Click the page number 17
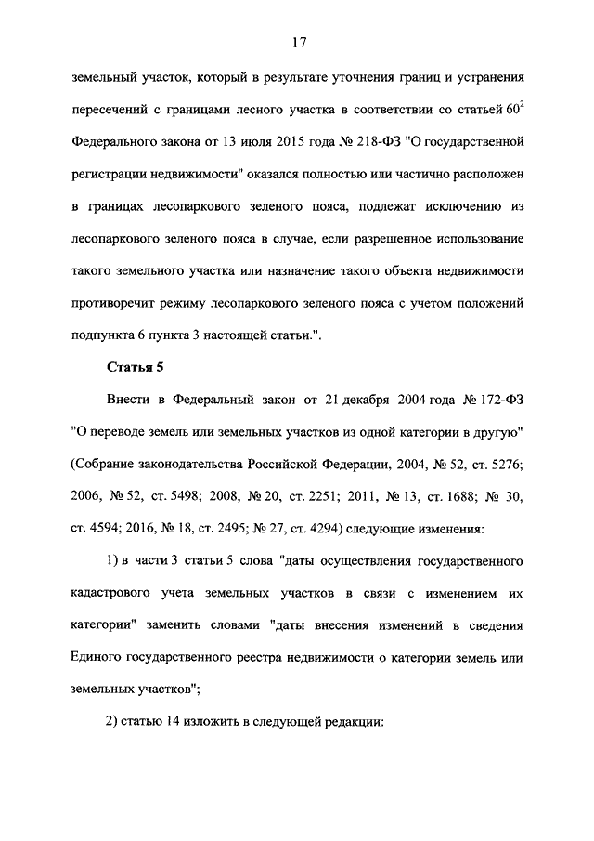(297, 42)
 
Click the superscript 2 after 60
(523, 106)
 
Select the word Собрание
(102, 464)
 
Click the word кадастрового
(113, 594)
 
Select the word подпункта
(103, 335)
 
